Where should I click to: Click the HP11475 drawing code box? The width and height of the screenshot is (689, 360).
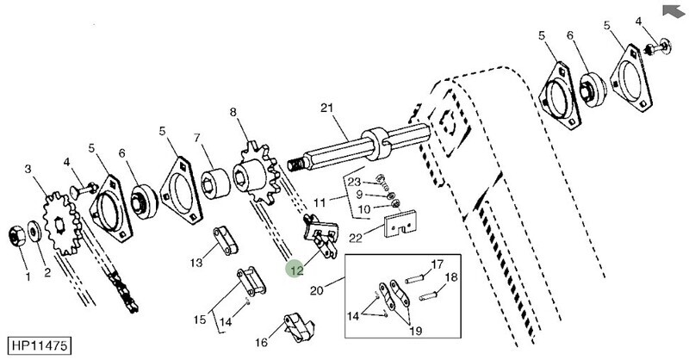click(x=39, y=345)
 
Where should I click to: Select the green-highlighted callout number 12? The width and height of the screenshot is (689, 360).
click(x=296, y=270)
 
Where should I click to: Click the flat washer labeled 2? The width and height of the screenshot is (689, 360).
click(x=34, y=232)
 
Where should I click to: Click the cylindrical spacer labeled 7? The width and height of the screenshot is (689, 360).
click(x=216, y=182)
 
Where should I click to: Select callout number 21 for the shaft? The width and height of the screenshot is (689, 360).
click(x=327, y=108)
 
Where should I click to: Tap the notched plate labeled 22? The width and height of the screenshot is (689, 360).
click(x=400, y=224)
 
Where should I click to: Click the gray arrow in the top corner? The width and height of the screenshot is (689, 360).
click(x=673, y=12)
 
